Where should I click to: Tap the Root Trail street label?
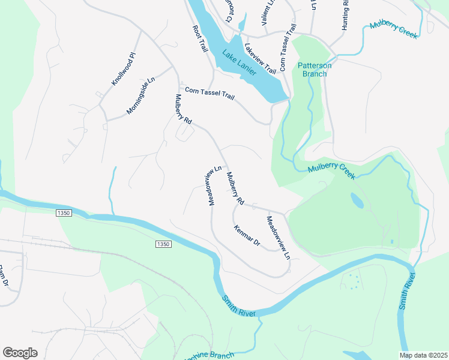coord(200,39)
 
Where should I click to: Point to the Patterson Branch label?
coord(313,70)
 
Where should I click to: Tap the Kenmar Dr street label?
coord(246,235)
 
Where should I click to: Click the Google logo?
coord(20,353)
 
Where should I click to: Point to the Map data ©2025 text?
coord(423,355)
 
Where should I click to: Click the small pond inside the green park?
coord(357,200)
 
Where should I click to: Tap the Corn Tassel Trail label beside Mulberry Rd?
coord(209,94)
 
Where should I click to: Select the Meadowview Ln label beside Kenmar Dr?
coord(278,237)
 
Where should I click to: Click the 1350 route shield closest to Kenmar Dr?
coord(163,244)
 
